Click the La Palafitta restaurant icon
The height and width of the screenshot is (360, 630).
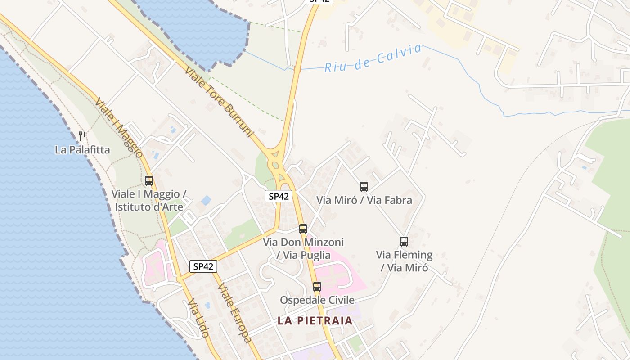click(x=82, y=136)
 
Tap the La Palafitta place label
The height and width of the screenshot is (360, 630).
click(x=82, y=149)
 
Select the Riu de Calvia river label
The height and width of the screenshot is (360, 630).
click(x=373, y=58)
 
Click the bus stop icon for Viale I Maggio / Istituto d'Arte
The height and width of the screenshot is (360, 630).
click(x=149, y=181)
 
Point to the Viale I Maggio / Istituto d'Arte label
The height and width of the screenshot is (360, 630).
click(x=149, y=201)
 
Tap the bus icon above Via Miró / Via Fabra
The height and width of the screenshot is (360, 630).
click(x=364, y=186)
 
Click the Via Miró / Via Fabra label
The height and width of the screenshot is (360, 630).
click(x=364, y=200)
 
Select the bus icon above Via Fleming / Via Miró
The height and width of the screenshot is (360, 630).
click(x=404, y=242)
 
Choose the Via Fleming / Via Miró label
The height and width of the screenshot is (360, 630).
click(x=404, y=261)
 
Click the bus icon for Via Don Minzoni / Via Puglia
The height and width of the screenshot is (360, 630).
click(x=303, y=229)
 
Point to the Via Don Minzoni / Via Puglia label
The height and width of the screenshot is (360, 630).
click(x=303, y=248)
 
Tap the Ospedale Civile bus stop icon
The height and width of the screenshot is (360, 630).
click(x=317, y=286)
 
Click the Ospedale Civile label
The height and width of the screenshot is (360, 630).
click(x=317, y=300)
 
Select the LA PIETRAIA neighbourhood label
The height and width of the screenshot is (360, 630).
click(x=315, y=321)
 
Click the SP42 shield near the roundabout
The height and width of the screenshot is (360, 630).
click(x=279, y=196)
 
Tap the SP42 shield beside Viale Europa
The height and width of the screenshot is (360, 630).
click(x=203, y=266)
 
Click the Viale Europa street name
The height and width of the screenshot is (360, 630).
click(x=234, y=313)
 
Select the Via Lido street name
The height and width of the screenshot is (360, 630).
click(x=198, y=318)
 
